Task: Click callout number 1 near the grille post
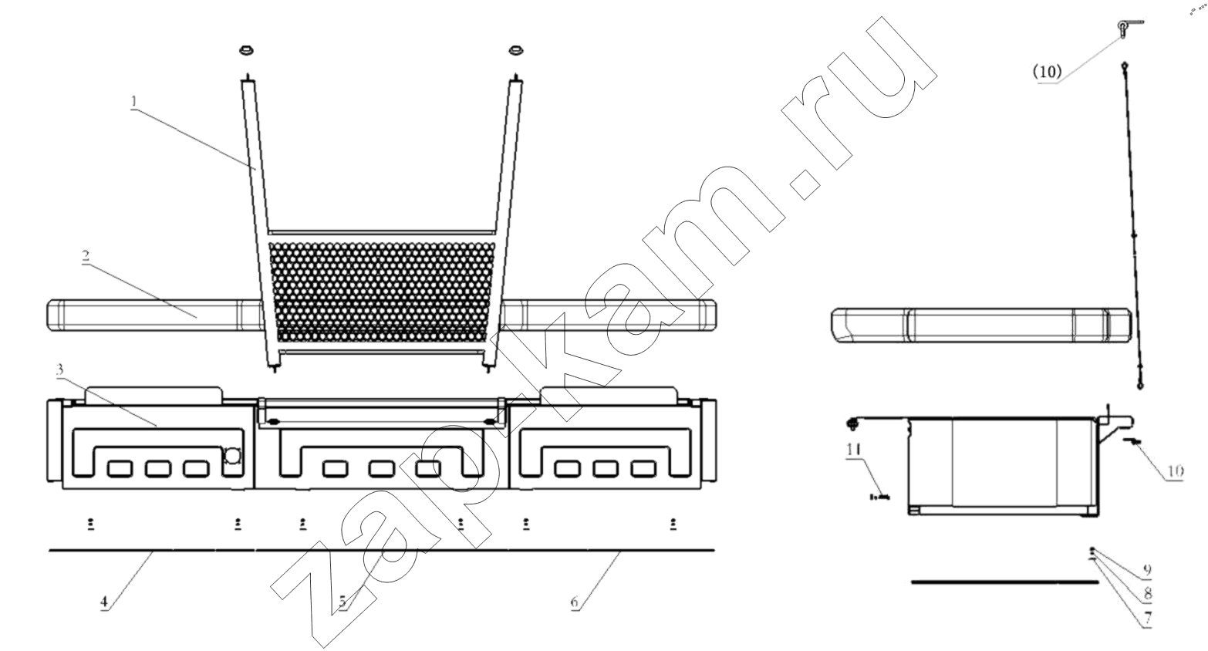[x=134, y=101]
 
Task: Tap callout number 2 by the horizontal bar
[x=86, y=256]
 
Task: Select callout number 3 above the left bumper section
[x=60, y=369]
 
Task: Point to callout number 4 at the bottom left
[x=104, y=602]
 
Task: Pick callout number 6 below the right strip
[x=575, y=602]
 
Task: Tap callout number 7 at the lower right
[x=1147, y=617]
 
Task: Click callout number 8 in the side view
[x=1147, y=593]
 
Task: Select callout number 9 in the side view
[x=1147, y=569]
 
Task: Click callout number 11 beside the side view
[x=854, y=449]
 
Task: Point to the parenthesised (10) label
[x=1048, y=72]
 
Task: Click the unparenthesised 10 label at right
[x=1176, y=471]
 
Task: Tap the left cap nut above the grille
[x=246, y=51]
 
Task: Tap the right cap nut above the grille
[x=516, y=51]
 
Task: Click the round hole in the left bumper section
[x=233, y=456]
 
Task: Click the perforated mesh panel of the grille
[x=381, y=292]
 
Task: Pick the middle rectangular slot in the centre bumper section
[x=382, y=469]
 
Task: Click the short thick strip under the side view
[x=1004, y=582]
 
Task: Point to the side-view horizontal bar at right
[x=981, y=325]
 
